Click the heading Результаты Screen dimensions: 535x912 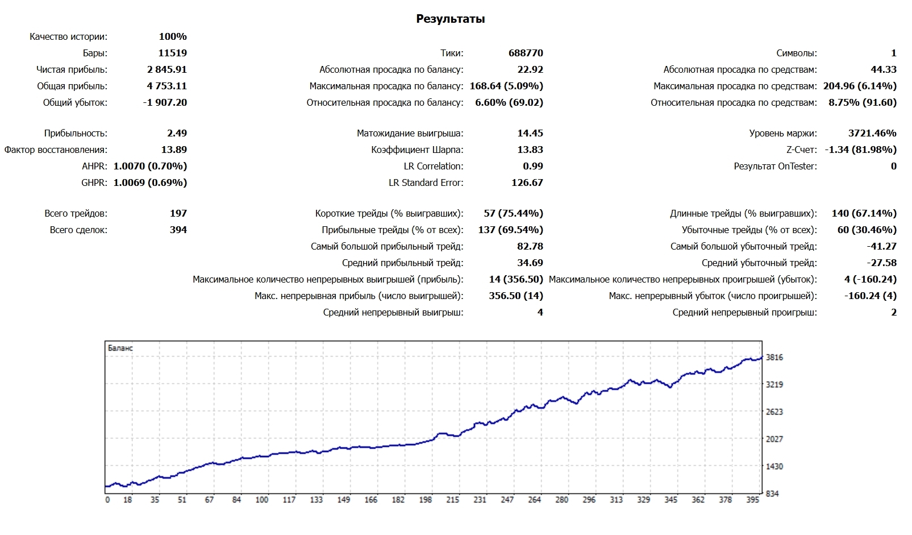click(450, 19)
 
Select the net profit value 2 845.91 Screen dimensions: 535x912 click(166, 69)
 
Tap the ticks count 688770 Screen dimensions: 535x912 click(526, 53)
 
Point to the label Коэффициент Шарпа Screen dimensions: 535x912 click(417, 150)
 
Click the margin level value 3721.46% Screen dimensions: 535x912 click(872, 133)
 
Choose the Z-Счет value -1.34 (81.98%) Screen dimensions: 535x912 click(860, 150)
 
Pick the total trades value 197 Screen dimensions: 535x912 click(178, 213)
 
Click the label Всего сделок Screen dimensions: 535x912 click(78, 230)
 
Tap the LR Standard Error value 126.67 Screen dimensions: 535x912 click(527, 183)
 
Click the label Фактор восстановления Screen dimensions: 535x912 click(56, 150)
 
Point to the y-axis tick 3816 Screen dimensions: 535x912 click(774, 358)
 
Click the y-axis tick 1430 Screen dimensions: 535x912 click(774, 466)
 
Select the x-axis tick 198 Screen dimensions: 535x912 click(426, 500)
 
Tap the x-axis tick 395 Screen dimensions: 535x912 click(753, 500)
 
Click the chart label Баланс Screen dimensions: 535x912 click(120, 348)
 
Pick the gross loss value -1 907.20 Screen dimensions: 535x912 click(165, 102)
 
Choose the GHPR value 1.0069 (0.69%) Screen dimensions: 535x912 click(150, 183)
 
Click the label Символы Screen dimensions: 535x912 click(796, 53)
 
